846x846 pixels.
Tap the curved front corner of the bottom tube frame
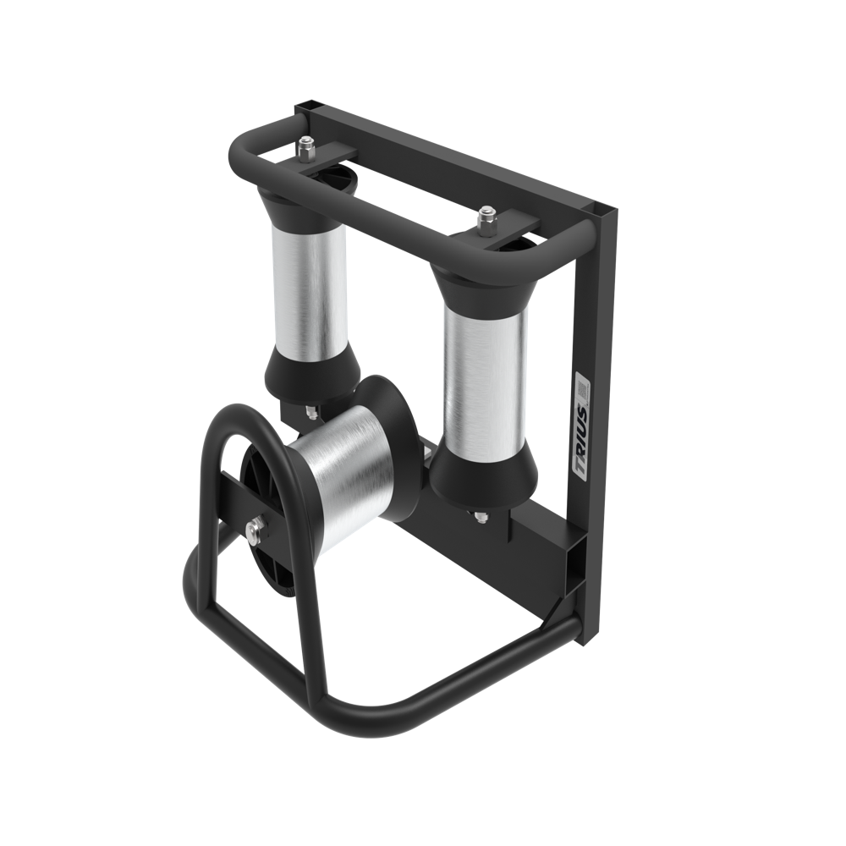pyautogui.click(x=338, y=719)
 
